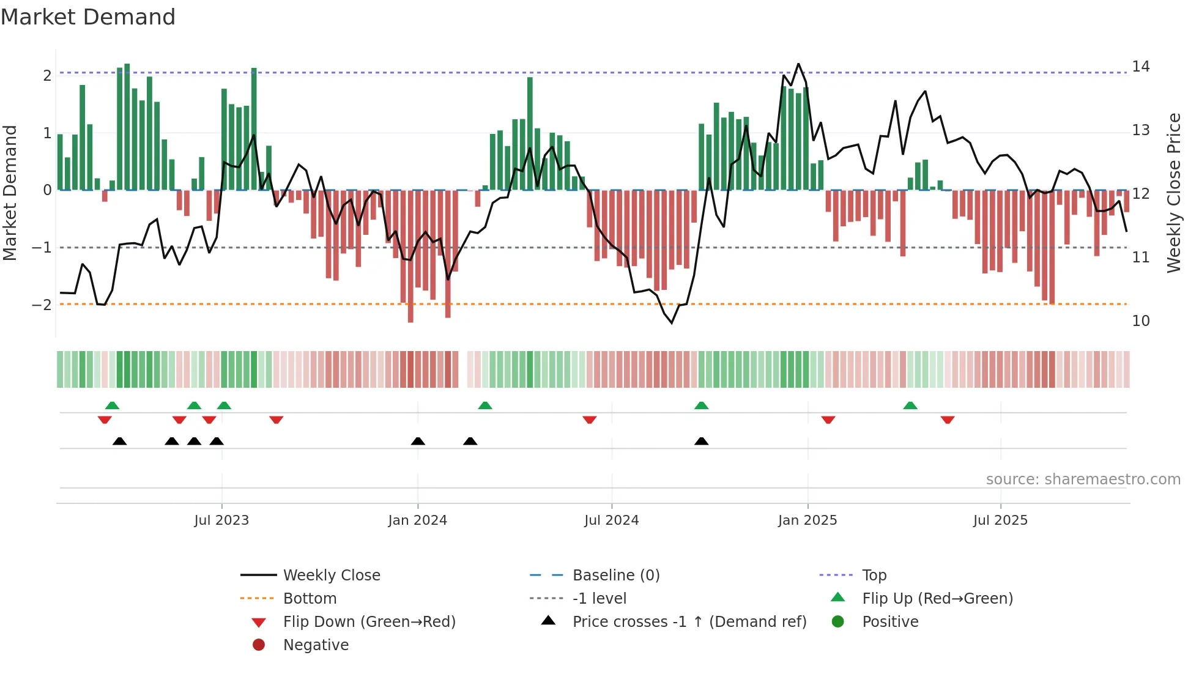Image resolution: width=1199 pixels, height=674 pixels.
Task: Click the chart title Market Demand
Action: pos(88,17)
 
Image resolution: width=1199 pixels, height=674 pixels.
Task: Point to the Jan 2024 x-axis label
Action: pos(417,520)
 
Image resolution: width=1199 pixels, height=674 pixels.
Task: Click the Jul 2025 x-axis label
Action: pos(1000,520)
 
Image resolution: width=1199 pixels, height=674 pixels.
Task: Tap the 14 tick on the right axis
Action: pos(1140,66)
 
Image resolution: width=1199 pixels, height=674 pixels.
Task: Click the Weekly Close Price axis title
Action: pos(1173,193)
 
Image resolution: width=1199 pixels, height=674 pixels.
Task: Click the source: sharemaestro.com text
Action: pos(1083,479)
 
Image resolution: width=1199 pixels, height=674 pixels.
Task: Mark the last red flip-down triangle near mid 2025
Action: pos(948,420)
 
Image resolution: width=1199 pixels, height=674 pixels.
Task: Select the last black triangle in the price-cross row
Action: pos(702,441)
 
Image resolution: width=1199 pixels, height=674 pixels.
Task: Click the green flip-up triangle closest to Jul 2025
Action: pos(910,406)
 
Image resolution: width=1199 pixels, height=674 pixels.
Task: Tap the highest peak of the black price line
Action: pos(798,64)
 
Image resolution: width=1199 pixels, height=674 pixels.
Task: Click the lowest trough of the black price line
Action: pos(672,323)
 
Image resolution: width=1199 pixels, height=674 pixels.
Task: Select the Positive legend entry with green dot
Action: pos(889,621)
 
